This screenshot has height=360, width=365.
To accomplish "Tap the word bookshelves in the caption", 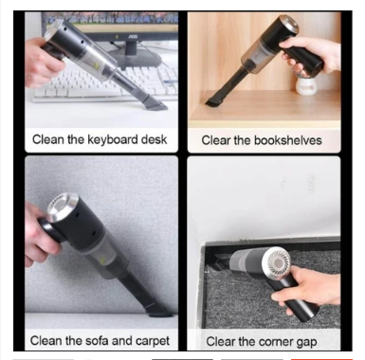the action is point(287,140).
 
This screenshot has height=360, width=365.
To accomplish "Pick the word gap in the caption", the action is point(306,343).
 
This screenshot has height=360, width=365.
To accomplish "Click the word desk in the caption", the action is point(154,139).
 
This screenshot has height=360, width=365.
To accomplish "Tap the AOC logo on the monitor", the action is point(133,37).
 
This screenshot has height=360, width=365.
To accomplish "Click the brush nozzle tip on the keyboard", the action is point(155,103).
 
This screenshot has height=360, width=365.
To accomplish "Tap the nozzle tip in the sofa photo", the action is point(158,311).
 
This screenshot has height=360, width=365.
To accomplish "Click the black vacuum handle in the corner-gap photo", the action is point(296,297).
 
